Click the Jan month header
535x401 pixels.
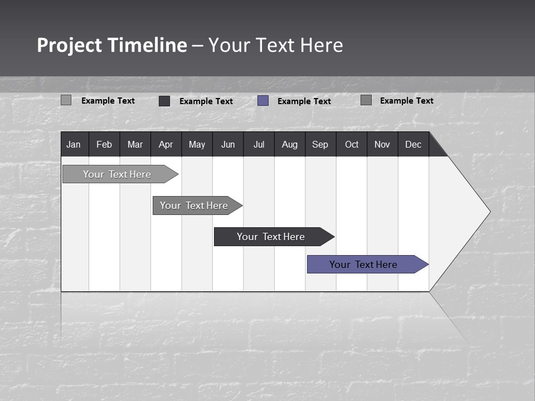(74, 144)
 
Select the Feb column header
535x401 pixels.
(104, 144)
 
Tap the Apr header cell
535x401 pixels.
(166, 144)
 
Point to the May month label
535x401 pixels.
(197, 144)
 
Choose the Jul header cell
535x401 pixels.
(259, 144)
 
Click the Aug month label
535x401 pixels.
(289, 144)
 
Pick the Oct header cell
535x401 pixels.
(352, 144)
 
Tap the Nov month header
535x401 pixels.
(382, 144)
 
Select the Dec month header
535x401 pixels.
(413, 144)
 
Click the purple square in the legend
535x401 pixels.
(263, 101)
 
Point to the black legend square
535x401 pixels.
(164, 101)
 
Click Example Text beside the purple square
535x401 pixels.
(304, 101)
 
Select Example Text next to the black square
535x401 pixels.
(206, 101)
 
